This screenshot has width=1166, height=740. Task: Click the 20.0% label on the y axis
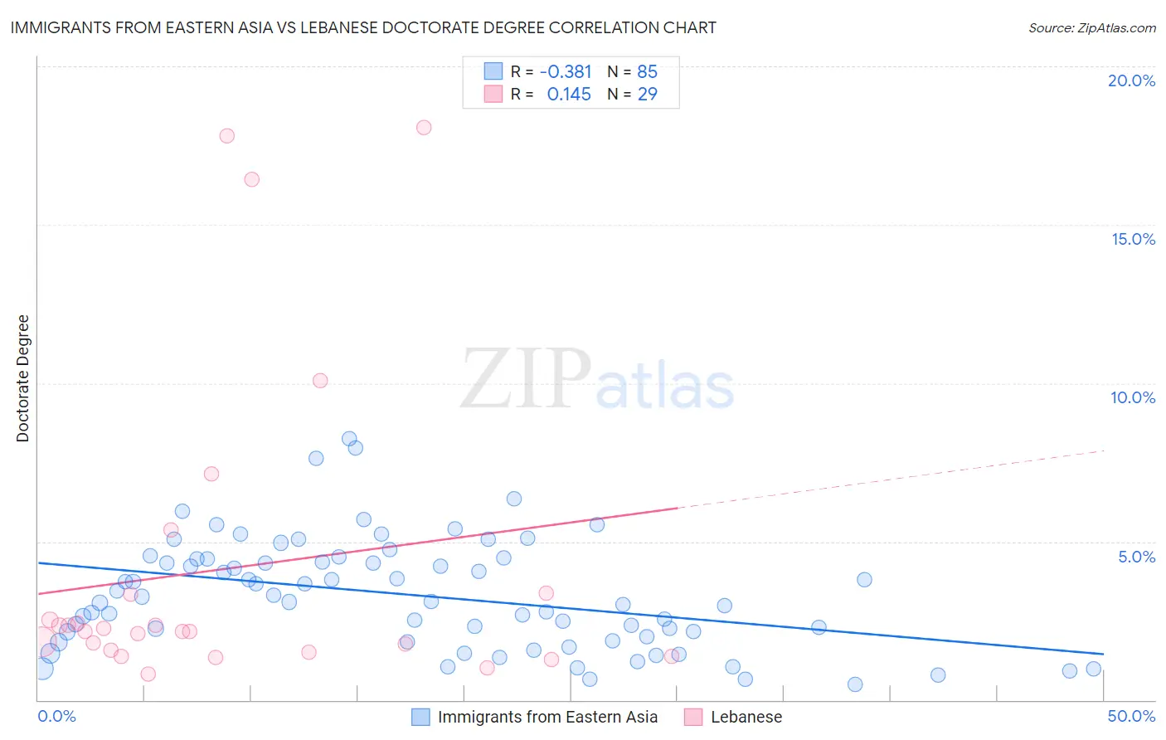point(1131,80)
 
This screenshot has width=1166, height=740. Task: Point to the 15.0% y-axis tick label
point(1133,239)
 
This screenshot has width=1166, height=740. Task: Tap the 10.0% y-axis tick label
point(1133,397)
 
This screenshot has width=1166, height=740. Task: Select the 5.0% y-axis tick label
point(1136,557)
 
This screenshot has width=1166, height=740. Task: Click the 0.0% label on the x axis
point(56,716)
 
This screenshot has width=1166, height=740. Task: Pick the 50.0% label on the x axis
point(1131,716)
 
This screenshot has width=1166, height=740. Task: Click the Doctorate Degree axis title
point(22,378)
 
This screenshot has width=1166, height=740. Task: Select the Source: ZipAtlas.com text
point(1091,28)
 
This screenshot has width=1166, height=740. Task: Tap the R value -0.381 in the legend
point(566,72)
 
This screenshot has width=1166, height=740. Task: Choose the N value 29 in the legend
point(647,95)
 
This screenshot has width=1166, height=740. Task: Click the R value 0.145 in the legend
point(569,95)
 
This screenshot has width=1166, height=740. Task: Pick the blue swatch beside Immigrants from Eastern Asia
point(421,717)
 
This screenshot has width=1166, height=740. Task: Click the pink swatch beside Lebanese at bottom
point(693,717)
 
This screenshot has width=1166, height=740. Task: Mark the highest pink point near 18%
point(424,128)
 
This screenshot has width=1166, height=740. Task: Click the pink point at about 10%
point(320,381)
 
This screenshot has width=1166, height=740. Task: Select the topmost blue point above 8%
point(349,439)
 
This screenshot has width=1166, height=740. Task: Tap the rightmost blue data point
point(1094,669)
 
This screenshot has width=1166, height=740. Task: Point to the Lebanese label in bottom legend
point(746,717)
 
